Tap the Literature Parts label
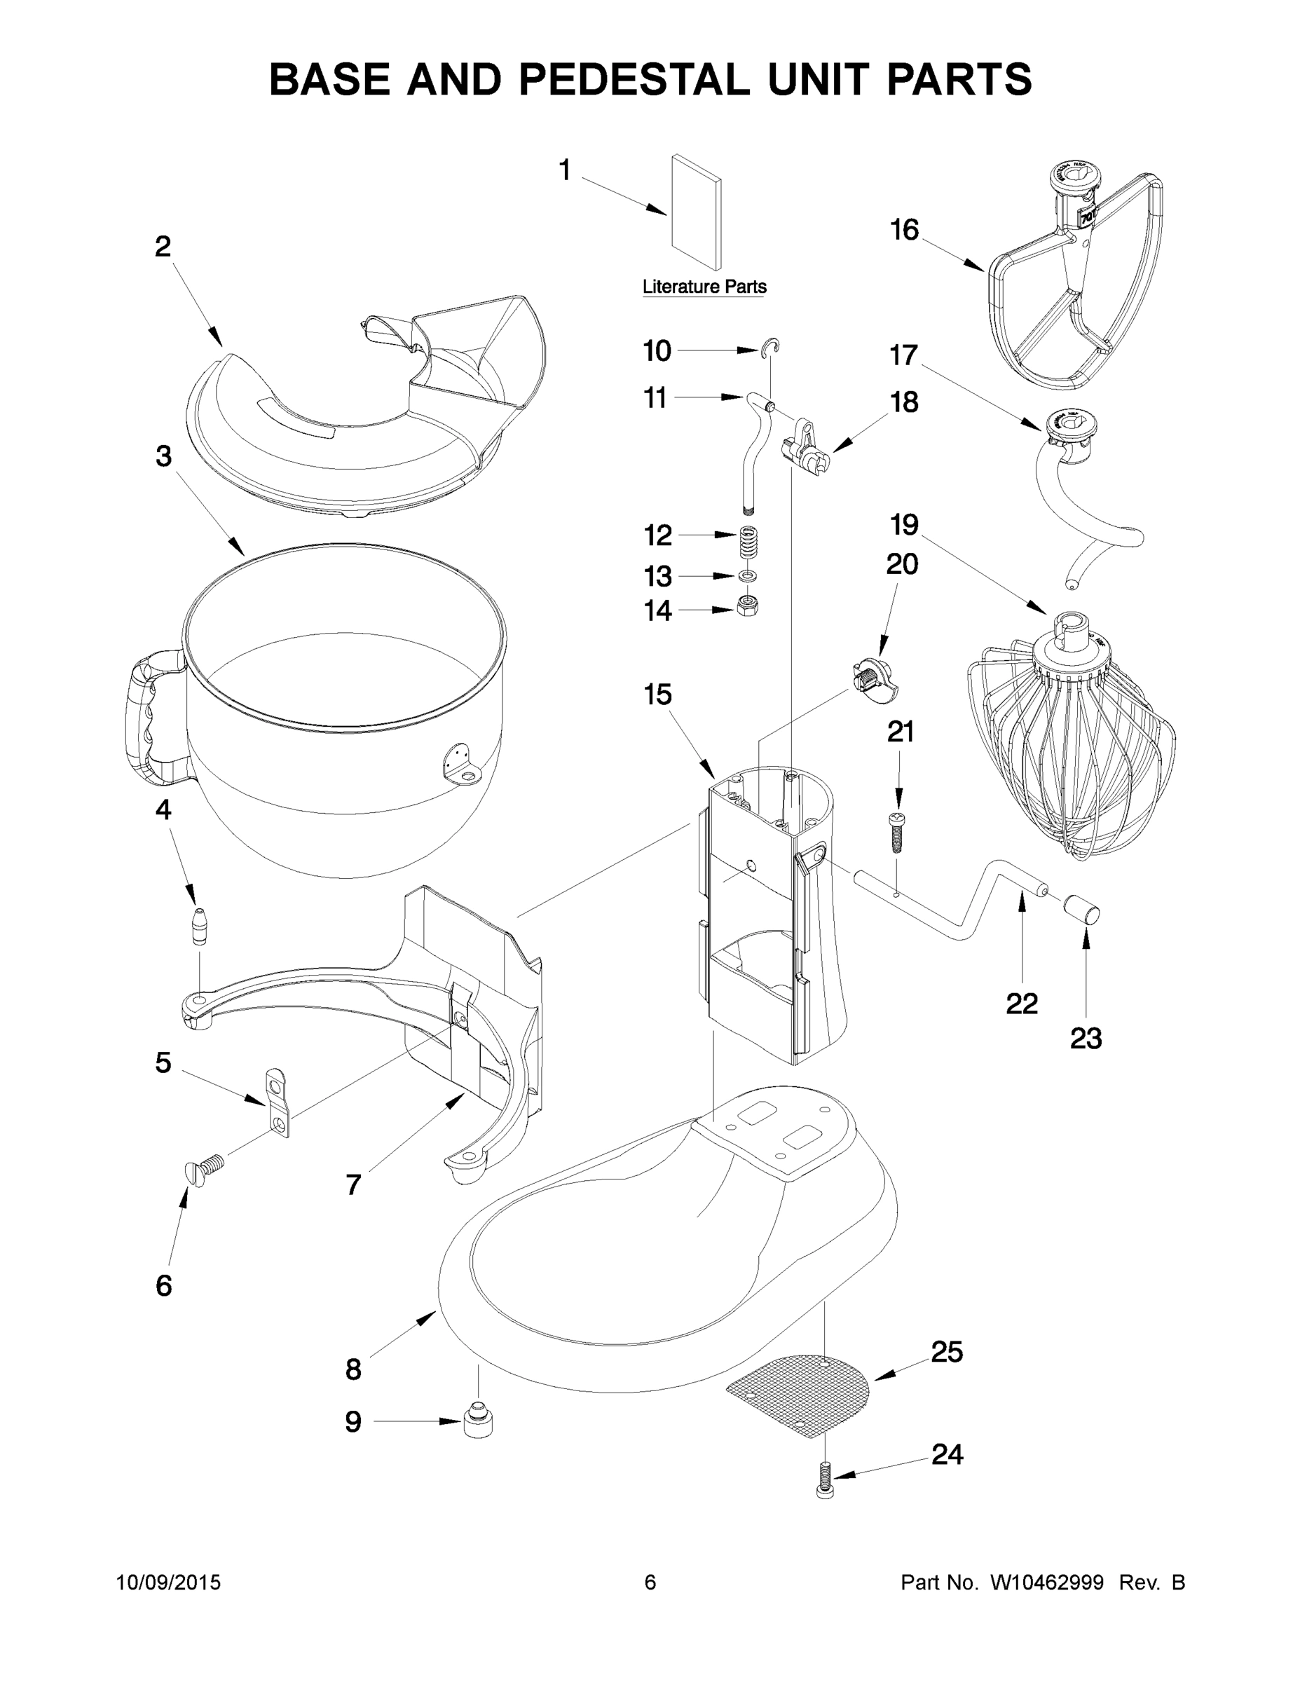704,287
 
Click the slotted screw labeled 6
203,1174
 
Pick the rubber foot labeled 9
479,1421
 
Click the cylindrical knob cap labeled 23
1082,909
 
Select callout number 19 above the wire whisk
904,524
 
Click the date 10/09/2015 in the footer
168,1582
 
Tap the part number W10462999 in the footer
1046,1582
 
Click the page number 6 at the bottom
650,1582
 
